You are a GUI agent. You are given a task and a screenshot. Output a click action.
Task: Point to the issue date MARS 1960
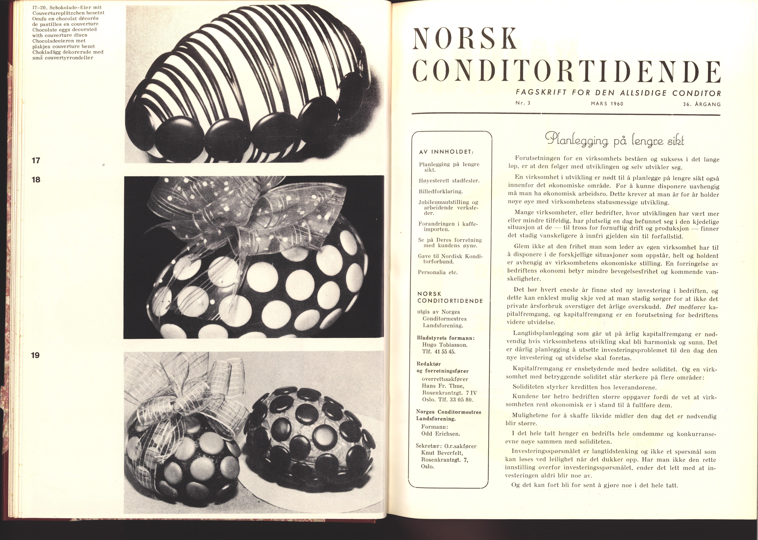(607, 103)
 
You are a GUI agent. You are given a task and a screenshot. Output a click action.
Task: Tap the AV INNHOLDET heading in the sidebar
(446, 152)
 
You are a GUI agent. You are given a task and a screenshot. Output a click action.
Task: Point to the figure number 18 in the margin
(35, 179)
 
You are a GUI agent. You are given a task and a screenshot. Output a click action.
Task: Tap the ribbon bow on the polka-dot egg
(253, 213)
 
